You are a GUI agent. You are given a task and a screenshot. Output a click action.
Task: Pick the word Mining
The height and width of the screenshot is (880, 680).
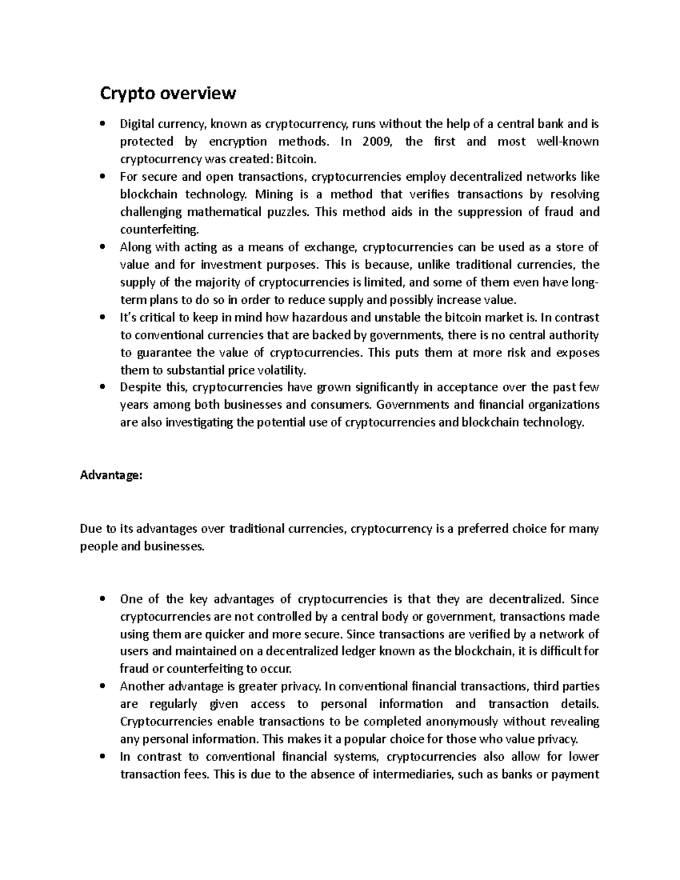point(274,194)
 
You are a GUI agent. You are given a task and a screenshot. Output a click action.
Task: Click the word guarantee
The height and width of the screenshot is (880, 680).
point(155,352)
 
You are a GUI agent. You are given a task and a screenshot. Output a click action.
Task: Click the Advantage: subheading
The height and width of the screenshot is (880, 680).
point(111,476)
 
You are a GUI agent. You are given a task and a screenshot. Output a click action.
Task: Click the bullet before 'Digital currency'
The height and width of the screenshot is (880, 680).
point(102,124)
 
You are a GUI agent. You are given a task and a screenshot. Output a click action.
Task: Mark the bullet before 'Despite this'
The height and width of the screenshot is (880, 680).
point(102,388)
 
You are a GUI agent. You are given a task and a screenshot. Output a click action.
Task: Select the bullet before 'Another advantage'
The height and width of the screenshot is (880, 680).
point(102,687)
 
